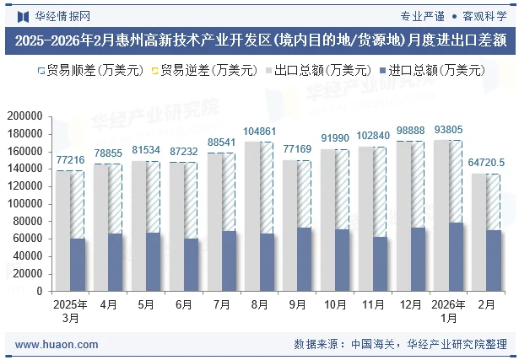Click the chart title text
tap(259, 40)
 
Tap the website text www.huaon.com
tap(57, 345)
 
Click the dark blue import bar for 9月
tap(305, 259)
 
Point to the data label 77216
tap(70, 160)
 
